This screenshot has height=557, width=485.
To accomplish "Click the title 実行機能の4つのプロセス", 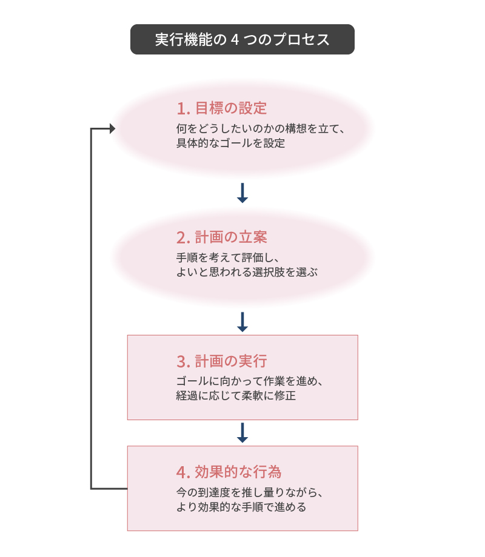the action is (x=242, y=39).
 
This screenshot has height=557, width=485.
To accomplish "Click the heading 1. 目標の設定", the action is (x=222, y=108).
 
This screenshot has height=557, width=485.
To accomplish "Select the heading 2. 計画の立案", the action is (x=222, y=237).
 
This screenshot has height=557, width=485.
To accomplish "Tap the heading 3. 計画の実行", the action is (x=222, y=361).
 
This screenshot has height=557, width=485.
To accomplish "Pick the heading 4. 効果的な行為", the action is (x=229, y=472).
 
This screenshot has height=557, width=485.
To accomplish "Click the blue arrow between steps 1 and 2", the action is (x=242, y=193).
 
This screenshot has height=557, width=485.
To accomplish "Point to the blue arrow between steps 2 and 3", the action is (x=242, y=322).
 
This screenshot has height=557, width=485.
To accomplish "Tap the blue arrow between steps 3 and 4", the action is (x=242, y=433).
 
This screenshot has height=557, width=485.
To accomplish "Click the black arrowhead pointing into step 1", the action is (x=112, y=128).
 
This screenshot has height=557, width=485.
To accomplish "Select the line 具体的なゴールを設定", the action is (x=230, y=143).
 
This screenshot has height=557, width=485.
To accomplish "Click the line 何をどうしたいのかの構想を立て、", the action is (x=261, y=128).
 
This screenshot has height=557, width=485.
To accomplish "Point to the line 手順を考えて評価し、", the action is (x=228, y=257).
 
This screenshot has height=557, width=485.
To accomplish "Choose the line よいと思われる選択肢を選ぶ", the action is (x=247, y=272).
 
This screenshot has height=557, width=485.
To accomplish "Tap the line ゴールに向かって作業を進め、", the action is (x=249, y=381).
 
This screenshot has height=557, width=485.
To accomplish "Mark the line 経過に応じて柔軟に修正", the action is (x=236, y=396).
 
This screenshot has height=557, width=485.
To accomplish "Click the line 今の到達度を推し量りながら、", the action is (x=249, y=492).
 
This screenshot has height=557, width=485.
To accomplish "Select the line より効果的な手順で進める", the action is (x=241, y=507).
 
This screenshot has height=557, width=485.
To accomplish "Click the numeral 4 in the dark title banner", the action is (x=235, y=40).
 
